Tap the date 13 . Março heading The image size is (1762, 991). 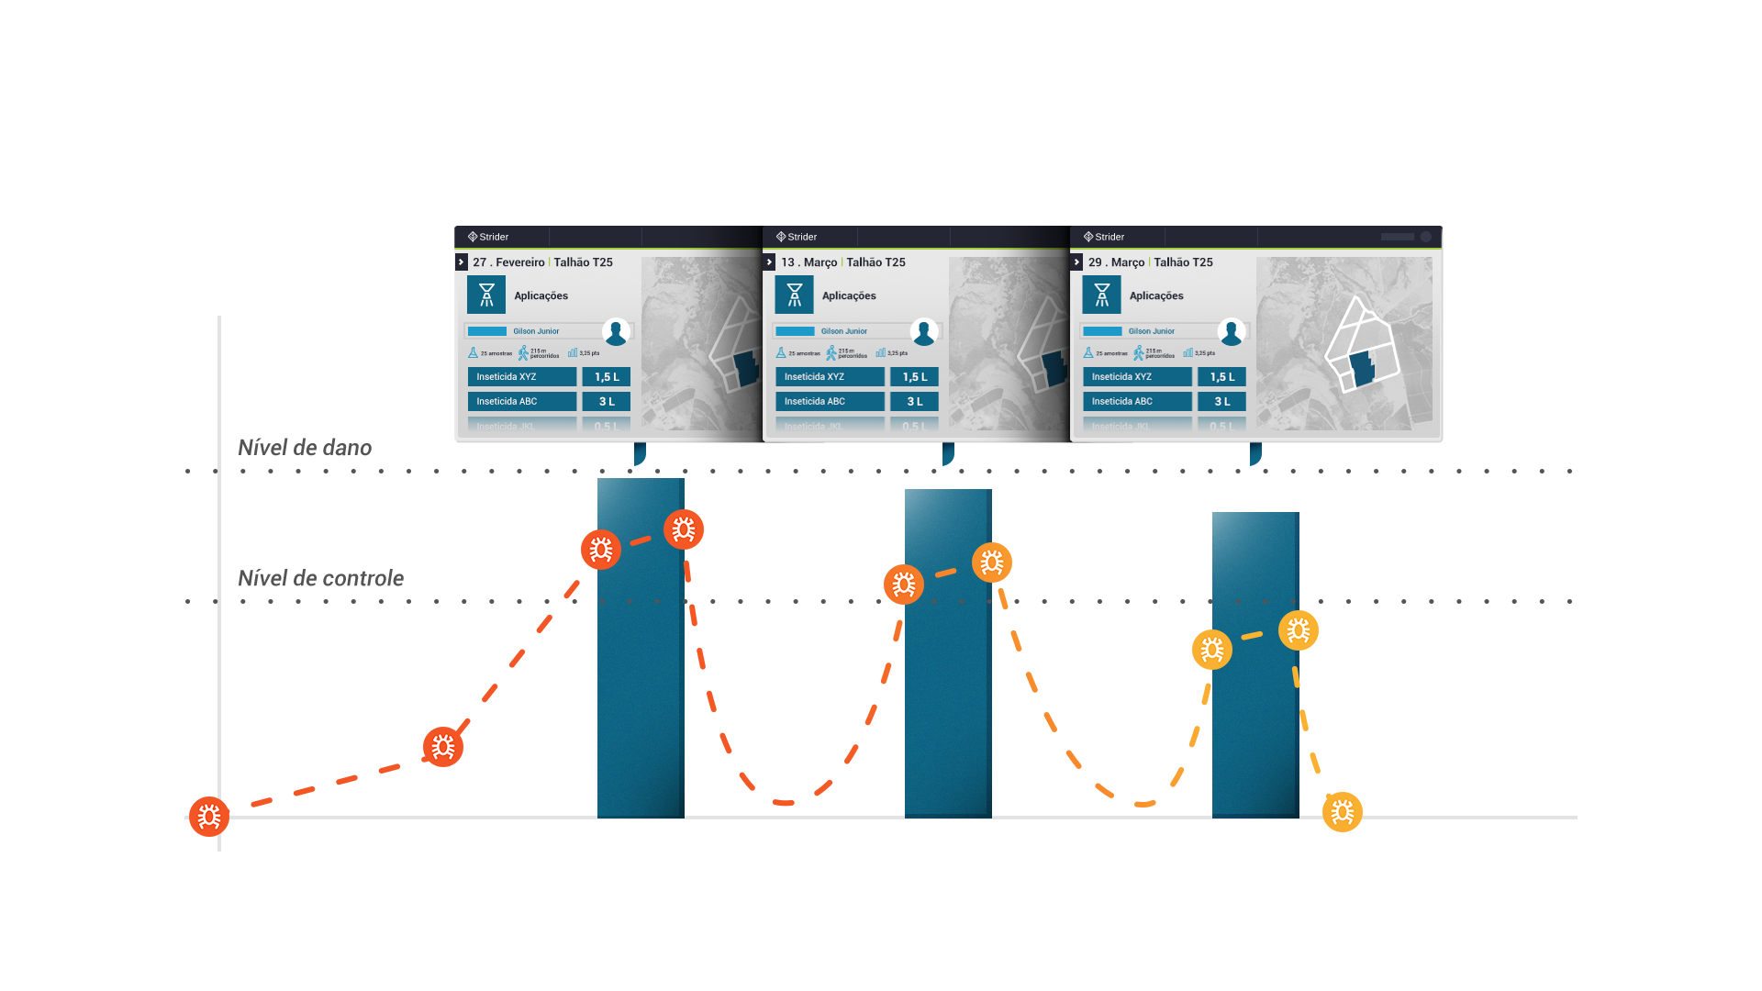point(809,262)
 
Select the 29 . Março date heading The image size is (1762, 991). point(1116,262)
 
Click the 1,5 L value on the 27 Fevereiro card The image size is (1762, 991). point(607,377)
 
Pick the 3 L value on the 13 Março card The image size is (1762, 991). point(914,402)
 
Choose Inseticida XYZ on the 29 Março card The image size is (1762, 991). point(1136,377)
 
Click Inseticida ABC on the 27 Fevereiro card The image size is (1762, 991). point(521,402)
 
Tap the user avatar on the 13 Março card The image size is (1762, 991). point(924,332)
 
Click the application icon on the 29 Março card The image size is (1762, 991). point(1101,295)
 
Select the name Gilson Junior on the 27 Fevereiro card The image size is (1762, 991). point(536,331)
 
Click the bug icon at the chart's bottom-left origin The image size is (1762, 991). point(209,817)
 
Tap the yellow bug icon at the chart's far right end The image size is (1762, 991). point(1343,812)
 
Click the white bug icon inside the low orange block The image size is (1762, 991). point(443,747)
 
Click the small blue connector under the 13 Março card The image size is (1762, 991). point(948,454)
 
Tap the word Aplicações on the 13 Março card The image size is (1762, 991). point(849,295)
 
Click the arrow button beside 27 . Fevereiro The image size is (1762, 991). point(462,262)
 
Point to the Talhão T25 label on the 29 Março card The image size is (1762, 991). point(1183,262)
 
